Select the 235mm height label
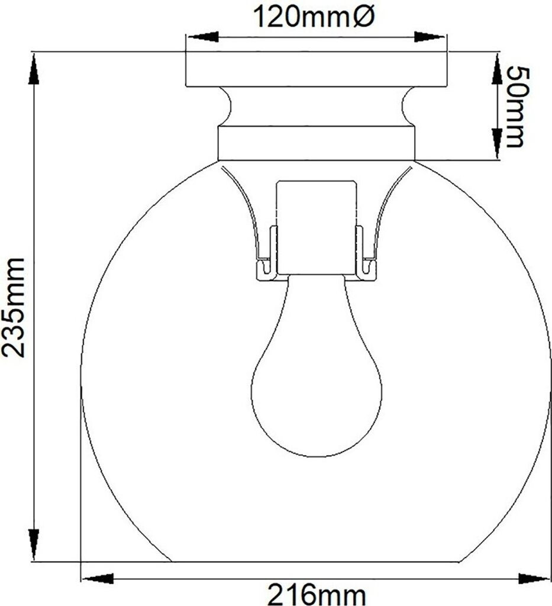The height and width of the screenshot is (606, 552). coord(14,307)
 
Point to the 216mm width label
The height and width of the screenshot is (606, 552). coord(317,594)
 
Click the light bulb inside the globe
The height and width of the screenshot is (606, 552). coord(317,365)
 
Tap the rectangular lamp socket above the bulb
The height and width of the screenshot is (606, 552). coord(316,227)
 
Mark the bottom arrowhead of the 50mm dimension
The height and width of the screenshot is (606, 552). coord(497,143)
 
